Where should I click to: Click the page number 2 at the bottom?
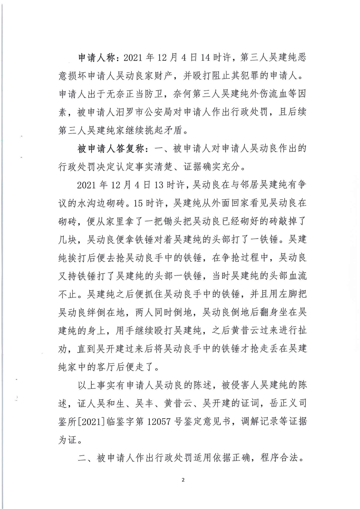pos(182,480)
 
